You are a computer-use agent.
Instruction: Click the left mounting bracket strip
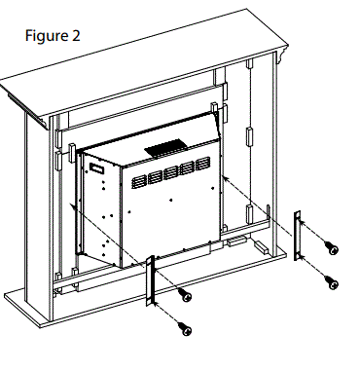click(151, 282)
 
